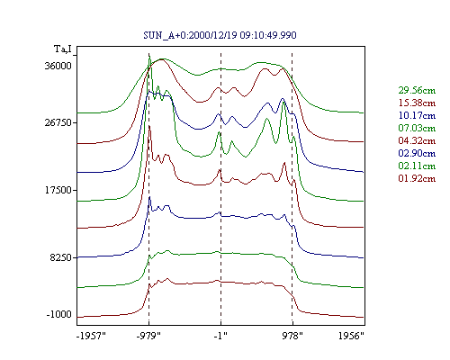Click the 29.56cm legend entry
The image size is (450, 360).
point(417,90)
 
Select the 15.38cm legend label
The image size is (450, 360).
point(417,103)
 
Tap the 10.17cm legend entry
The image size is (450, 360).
point(417,115)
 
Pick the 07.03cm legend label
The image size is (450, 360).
point(417,128)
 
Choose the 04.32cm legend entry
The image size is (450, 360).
point(417,140)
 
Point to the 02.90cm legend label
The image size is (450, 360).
point(417,153)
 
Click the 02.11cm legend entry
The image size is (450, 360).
point(417,166)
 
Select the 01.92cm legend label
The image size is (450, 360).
point(417,178)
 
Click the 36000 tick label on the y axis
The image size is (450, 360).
point(58,66)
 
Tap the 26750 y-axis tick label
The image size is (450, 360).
point(58,122)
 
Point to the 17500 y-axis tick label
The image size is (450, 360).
point(58,190)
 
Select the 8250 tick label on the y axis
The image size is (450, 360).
point(61,257)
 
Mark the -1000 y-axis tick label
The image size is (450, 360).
point(59,314)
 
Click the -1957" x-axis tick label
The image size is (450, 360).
point(91,336)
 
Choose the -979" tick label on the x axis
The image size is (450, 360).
point(148,336)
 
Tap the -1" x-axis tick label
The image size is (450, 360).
point(220,336)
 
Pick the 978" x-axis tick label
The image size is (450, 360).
point(292,336)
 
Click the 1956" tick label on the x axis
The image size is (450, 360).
point(351,336)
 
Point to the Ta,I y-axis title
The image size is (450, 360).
point(63,49)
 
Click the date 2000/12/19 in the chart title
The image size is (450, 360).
point(213,35)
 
